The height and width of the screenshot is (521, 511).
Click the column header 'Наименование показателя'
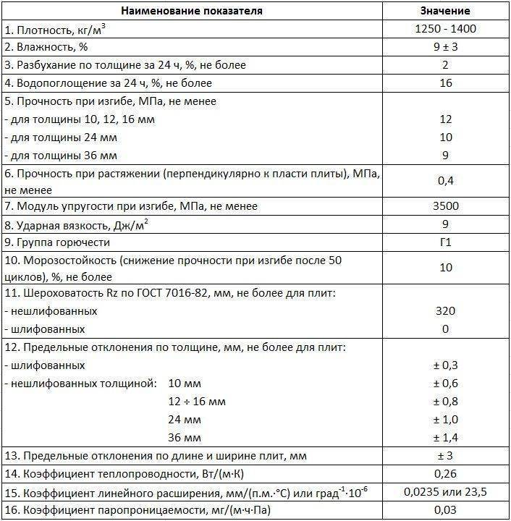pos(192,11)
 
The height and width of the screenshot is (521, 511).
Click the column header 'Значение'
pos(445,11)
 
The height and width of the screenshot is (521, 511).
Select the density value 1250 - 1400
pos(445,30)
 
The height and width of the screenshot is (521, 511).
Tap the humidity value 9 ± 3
pos(445,47)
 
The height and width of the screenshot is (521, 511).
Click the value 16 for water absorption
pos(445,83)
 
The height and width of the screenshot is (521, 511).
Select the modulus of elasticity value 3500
pos(445,206)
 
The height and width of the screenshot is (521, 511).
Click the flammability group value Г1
pos(445,242)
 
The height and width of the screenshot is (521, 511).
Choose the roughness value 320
pos(445,311)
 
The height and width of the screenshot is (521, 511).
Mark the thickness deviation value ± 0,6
pos(445,383)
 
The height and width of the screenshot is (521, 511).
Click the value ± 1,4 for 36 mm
pos(445,437)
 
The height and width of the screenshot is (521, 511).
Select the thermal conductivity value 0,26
pos(445,474)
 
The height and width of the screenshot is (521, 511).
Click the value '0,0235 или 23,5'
pos(445,492)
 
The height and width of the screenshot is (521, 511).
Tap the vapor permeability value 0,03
pos(445,511)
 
